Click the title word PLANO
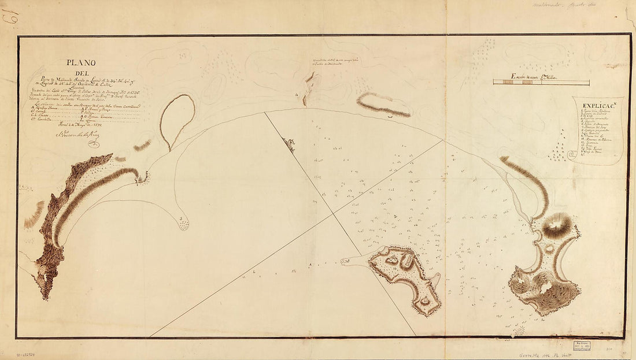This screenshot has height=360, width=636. [x=80, y=63]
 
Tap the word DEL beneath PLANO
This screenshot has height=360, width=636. [x=81, y=73]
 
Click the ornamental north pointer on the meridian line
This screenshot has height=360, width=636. [x=290, y=144]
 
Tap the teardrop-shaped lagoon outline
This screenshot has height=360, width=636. [x=177, y=120]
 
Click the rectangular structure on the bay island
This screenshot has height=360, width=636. [x=406, y=261]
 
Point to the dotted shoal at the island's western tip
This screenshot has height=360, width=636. [x=346, y=262]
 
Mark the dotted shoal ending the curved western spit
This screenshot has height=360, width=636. [x=184, y=225]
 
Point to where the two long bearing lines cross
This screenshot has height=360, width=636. [x=332, y=214]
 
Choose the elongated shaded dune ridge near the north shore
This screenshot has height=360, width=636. [x=383, y=105]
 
